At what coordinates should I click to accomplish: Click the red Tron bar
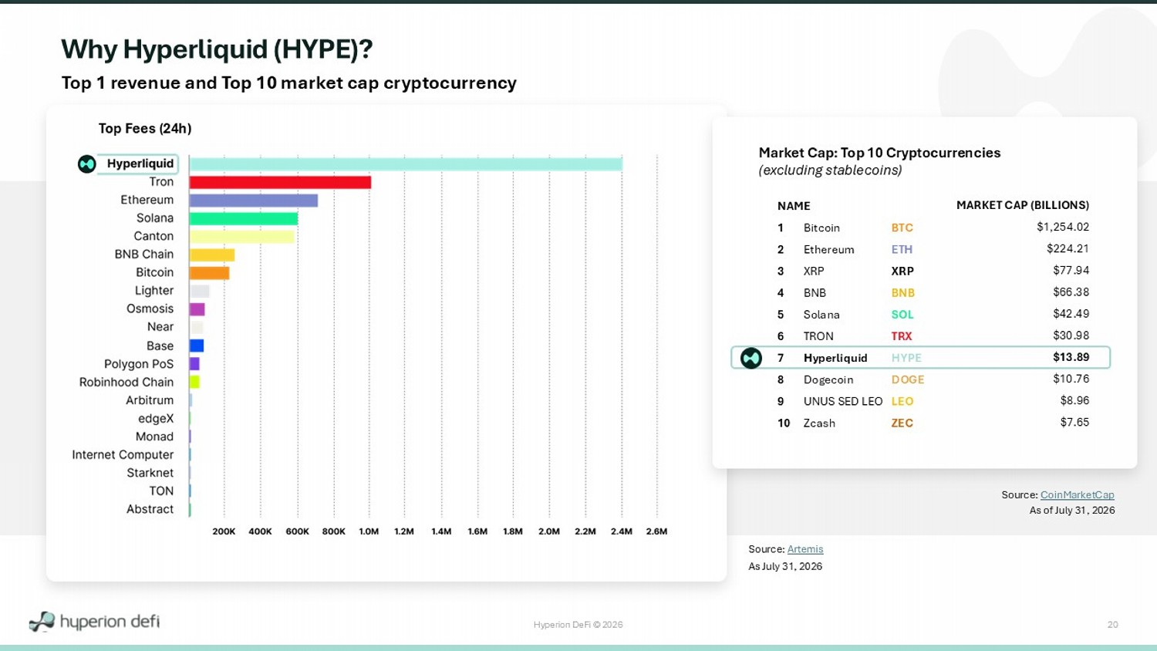(x=280, y=182)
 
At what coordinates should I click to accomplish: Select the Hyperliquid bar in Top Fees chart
(x=406, y=164)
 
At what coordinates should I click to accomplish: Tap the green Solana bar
(x=243, y=218)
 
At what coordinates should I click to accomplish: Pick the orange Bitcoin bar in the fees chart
(x=209, y=273)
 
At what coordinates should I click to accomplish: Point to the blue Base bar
(x=196, y=346)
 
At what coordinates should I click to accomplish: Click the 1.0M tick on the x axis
(x=369, y=531)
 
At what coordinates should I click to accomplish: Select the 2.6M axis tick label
(x=656, y=531)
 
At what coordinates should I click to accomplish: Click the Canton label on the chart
(x=153, y=236)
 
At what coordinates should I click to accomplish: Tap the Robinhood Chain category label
(x=126, y=383)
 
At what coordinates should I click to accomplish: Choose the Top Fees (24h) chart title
(x=145, y=129)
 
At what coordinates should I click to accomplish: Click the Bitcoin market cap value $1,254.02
(x=1062, y=227)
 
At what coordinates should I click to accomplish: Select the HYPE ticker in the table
(x=906, y=358)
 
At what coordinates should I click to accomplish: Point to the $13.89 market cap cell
(x=1071, y=357)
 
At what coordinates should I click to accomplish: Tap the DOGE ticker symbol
(x=908, y=379)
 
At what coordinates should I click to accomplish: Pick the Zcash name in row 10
(x=819, y=423)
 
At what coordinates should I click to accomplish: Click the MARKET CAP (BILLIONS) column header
(x=1023, y=205)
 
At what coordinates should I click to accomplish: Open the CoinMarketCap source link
(x=1077, y=494)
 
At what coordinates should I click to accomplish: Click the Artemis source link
(x=805, y=548)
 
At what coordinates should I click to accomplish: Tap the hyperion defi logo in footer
(x=94, y=622)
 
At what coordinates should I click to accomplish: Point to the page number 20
(x=1112, y=625)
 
